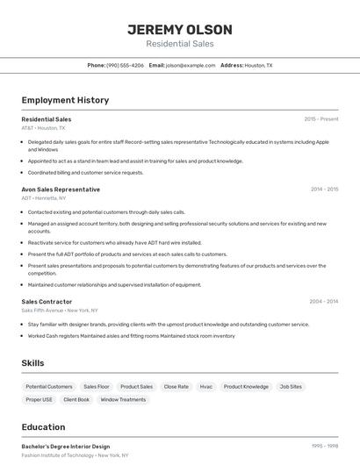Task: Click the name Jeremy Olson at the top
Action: (179, 29)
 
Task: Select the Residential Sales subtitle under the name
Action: (179, 44)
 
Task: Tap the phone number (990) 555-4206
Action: (125, 65)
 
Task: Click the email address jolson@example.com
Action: (191, 65)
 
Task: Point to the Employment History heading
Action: (65, 100)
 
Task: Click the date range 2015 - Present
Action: (321, 119)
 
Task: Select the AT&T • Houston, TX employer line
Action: (43, 128)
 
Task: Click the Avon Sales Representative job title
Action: (61, 190)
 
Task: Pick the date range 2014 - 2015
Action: (324, 190)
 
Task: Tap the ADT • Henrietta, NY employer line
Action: (44, 198)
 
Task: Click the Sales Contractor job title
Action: (47, 302)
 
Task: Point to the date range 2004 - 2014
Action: (324, 302)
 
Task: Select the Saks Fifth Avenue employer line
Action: (60, 311)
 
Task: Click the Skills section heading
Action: (32, 362)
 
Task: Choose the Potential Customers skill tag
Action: (49, 387)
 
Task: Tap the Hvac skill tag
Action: (205, 387)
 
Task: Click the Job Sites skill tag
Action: (291, 387)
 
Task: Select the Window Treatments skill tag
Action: (123, 400)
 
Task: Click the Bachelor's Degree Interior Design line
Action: (66, 447)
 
